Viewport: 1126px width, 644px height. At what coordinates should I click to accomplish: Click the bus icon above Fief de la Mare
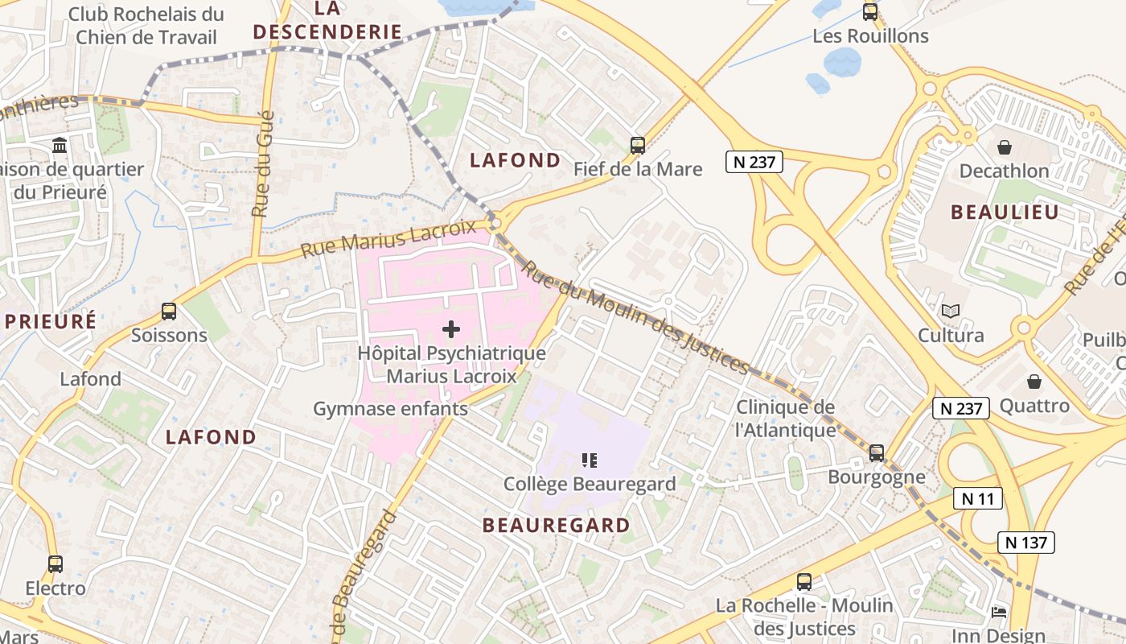[638, 146]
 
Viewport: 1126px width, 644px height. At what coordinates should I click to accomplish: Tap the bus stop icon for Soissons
[169, 312]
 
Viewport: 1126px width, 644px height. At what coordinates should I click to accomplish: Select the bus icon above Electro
[55, 564]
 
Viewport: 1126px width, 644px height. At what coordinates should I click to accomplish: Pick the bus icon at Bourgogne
[877, 453]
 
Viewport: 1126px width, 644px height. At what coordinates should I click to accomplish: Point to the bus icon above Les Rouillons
[870, 12]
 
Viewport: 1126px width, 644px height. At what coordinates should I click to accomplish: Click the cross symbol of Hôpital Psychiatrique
[451, 329]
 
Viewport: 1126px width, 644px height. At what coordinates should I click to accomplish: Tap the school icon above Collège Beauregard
[590, 460]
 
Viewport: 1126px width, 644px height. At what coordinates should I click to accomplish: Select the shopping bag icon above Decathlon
[1004, 147]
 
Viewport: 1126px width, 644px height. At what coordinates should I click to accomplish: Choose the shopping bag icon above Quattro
[1034, 382]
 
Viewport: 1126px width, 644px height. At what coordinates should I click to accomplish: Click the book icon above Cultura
[951, 311]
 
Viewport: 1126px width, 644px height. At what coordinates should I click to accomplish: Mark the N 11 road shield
[978, 498]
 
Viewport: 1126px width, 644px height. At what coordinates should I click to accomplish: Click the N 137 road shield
[1026, 542]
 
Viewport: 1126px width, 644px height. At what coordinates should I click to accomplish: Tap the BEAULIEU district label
[1005, 213]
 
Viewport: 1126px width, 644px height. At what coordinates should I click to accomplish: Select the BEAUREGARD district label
[557, 526]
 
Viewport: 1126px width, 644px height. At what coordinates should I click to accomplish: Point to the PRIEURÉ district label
[50, 321]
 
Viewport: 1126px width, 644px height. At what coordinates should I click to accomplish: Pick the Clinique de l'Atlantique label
[786, 419]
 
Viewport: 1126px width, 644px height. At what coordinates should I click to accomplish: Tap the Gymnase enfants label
[390, 409]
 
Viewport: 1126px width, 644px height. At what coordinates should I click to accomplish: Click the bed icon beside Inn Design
[999, 613]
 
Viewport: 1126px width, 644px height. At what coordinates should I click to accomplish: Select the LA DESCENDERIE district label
[327, 20]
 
